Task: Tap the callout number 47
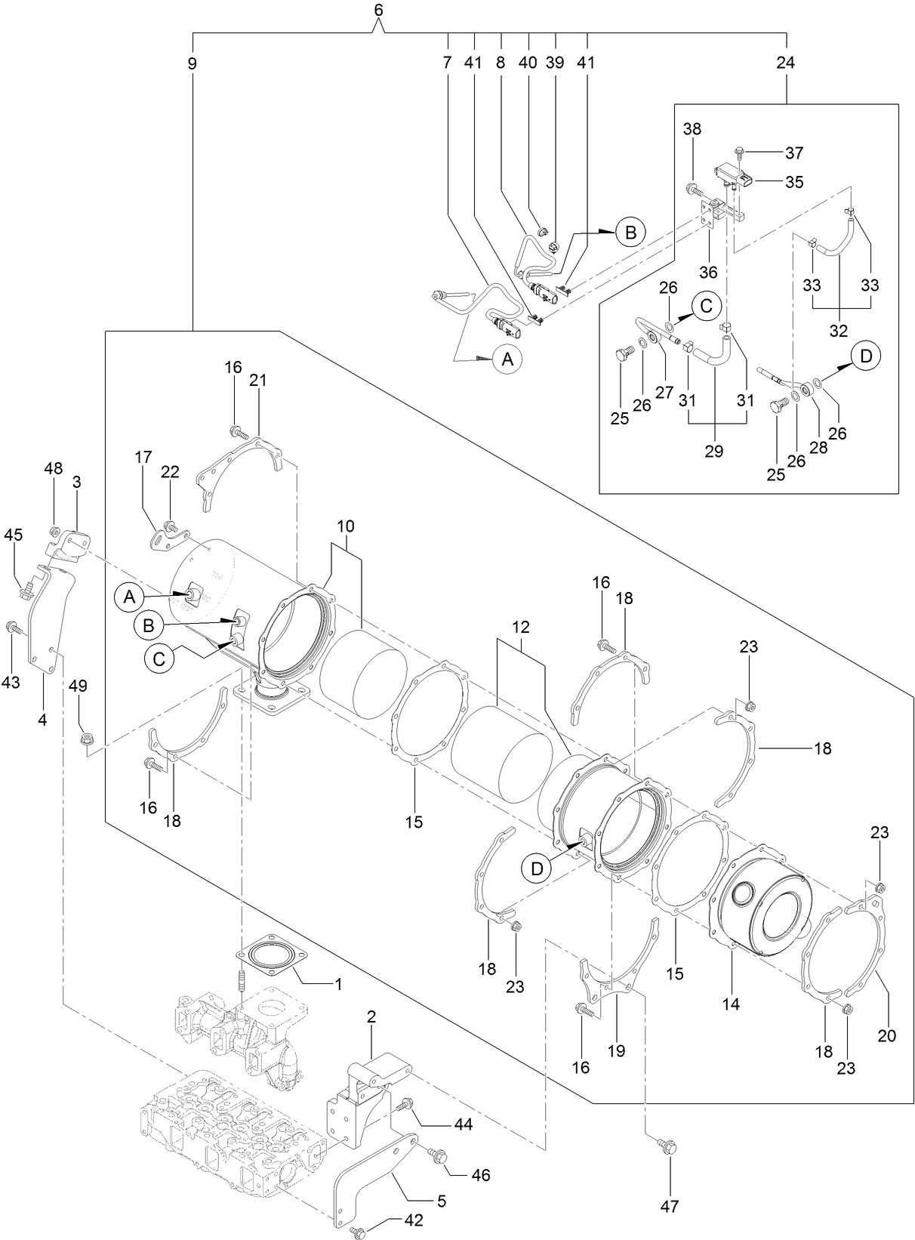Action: [669, 1206]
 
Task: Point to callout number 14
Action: [730, 1004]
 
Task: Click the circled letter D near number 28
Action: [866, 355]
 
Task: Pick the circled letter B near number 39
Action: [630, 233]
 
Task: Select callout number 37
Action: [793, 153]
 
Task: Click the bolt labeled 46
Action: [439, 1155]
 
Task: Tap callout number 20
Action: [886, 1035]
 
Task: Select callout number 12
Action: [520, 627]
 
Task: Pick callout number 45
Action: [13, 535]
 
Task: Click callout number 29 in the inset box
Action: [713, 451]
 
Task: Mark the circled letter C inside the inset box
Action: [705, 306]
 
